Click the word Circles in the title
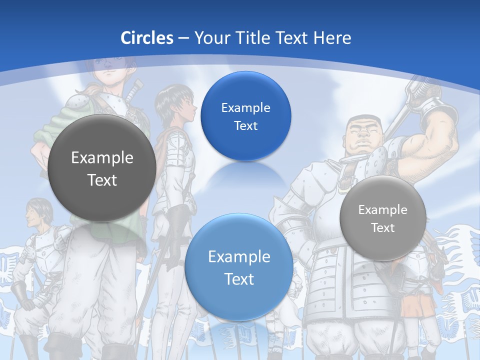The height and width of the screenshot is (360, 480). [146, 38]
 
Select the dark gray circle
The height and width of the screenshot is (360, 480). [101, 168]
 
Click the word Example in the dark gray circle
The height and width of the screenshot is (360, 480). [102, 158]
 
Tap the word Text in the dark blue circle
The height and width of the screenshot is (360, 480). [245, 125]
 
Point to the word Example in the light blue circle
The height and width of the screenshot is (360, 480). [239, 257]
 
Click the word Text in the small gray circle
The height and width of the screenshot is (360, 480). [383, 228]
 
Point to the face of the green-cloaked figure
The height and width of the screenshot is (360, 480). [111, 67]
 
